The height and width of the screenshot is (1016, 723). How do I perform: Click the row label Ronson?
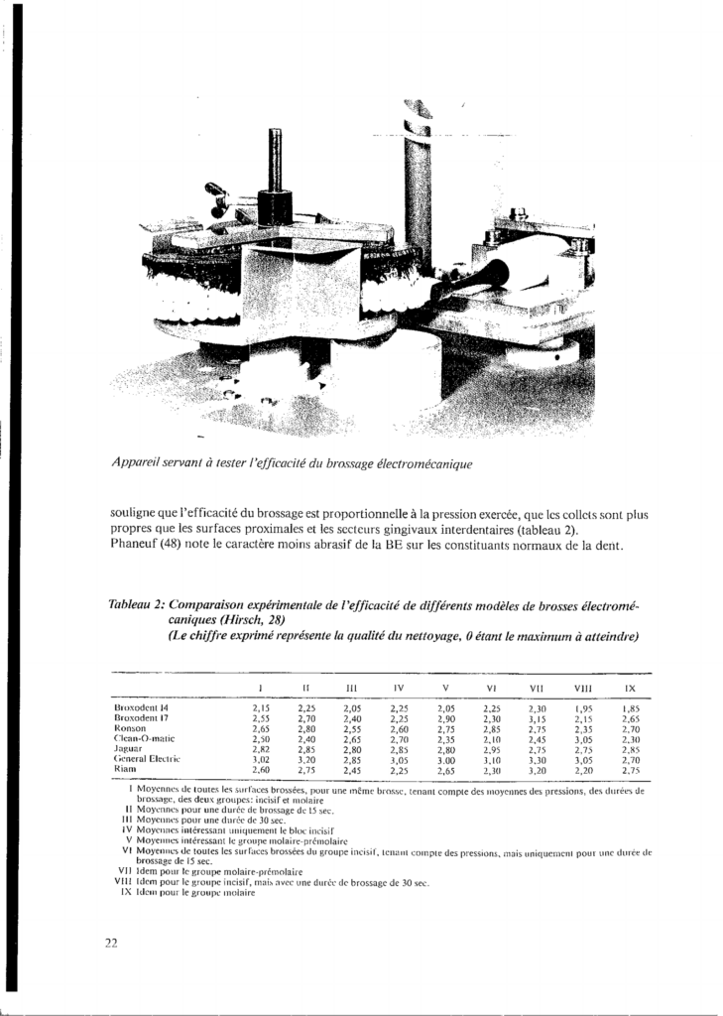(x=131, y=728)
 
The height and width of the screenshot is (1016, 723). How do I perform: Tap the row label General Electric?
(x=147, y=758)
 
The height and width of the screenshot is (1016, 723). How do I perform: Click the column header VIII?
(x=583, y=687)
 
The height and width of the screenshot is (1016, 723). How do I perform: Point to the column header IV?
(x=398, y=687)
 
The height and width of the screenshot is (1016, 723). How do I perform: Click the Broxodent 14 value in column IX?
(x=631, y=708)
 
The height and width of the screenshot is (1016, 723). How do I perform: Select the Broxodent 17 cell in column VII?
(x=537, y=718)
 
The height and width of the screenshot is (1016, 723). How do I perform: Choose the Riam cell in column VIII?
(x=583, y=769)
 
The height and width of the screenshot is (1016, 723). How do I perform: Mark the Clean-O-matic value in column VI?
(x=490, y=738)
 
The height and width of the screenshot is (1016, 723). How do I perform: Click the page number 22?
(x=111, y=943)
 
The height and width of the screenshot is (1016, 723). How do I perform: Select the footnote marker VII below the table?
(x=124, y=871)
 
